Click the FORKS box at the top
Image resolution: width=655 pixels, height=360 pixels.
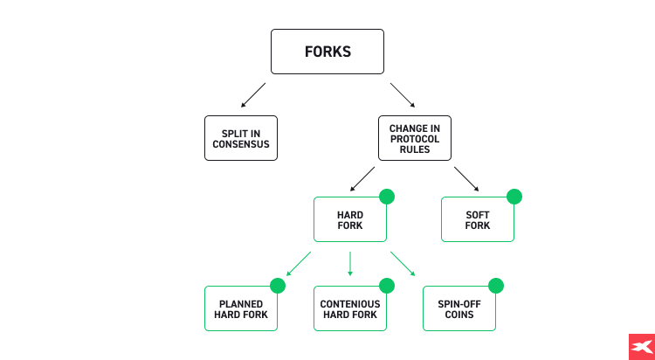coord(327,52)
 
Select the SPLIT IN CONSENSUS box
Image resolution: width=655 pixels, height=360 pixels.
coord(241,138)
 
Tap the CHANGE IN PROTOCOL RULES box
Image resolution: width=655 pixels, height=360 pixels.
coord(415,138)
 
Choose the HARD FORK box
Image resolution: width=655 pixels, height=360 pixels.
coord(350,219)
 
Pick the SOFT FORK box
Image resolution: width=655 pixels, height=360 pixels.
coord(478,219)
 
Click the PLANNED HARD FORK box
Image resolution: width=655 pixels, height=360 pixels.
coord(241,308)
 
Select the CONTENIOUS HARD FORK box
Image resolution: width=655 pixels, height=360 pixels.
coord(350,308)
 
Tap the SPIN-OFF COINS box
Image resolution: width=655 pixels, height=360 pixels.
coord(459,308)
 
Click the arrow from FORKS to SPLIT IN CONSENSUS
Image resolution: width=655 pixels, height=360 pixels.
coord(252,95)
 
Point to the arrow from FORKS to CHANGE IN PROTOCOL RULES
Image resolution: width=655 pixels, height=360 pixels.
coord(403,95)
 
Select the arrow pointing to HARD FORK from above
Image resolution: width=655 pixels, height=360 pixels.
coord(362,178)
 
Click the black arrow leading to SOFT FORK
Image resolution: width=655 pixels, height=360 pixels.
coord(466,178)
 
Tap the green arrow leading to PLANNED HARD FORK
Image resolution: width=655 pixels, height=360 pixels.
coord(299,263)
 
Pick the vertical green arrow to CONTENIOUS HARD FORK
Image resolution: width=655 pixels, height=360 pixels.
coord(350,263)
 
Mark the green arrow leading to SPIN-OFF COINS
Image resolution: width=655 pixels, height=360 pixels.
coord(403,263)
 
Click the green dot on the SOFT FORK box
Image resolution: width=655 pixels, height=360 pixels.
coord(514,197)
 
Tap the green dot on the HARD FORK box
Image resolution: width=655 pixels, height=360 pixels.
coord(387,197)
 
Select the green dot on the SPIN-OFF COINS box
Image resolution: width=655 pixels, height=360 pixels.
coord(496,286)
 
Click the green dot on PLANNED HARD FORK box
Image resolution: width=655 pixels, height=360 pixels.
coord(278,286)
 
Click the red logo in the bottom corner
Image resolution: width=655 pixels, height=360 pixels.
coord(641,346)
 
